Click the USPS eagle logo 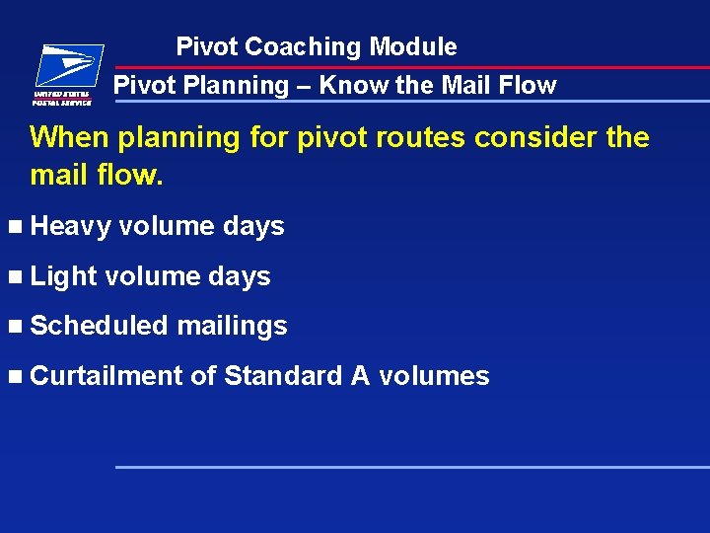coord(64,72)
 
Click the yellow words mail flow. coord(96,177)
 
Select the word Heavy coord(70,226)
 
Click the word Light coord(63,276)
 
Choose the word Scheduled coord(100,326)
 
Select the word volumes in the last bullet coord(434,376)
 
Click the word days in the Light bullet coord(240,276)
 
